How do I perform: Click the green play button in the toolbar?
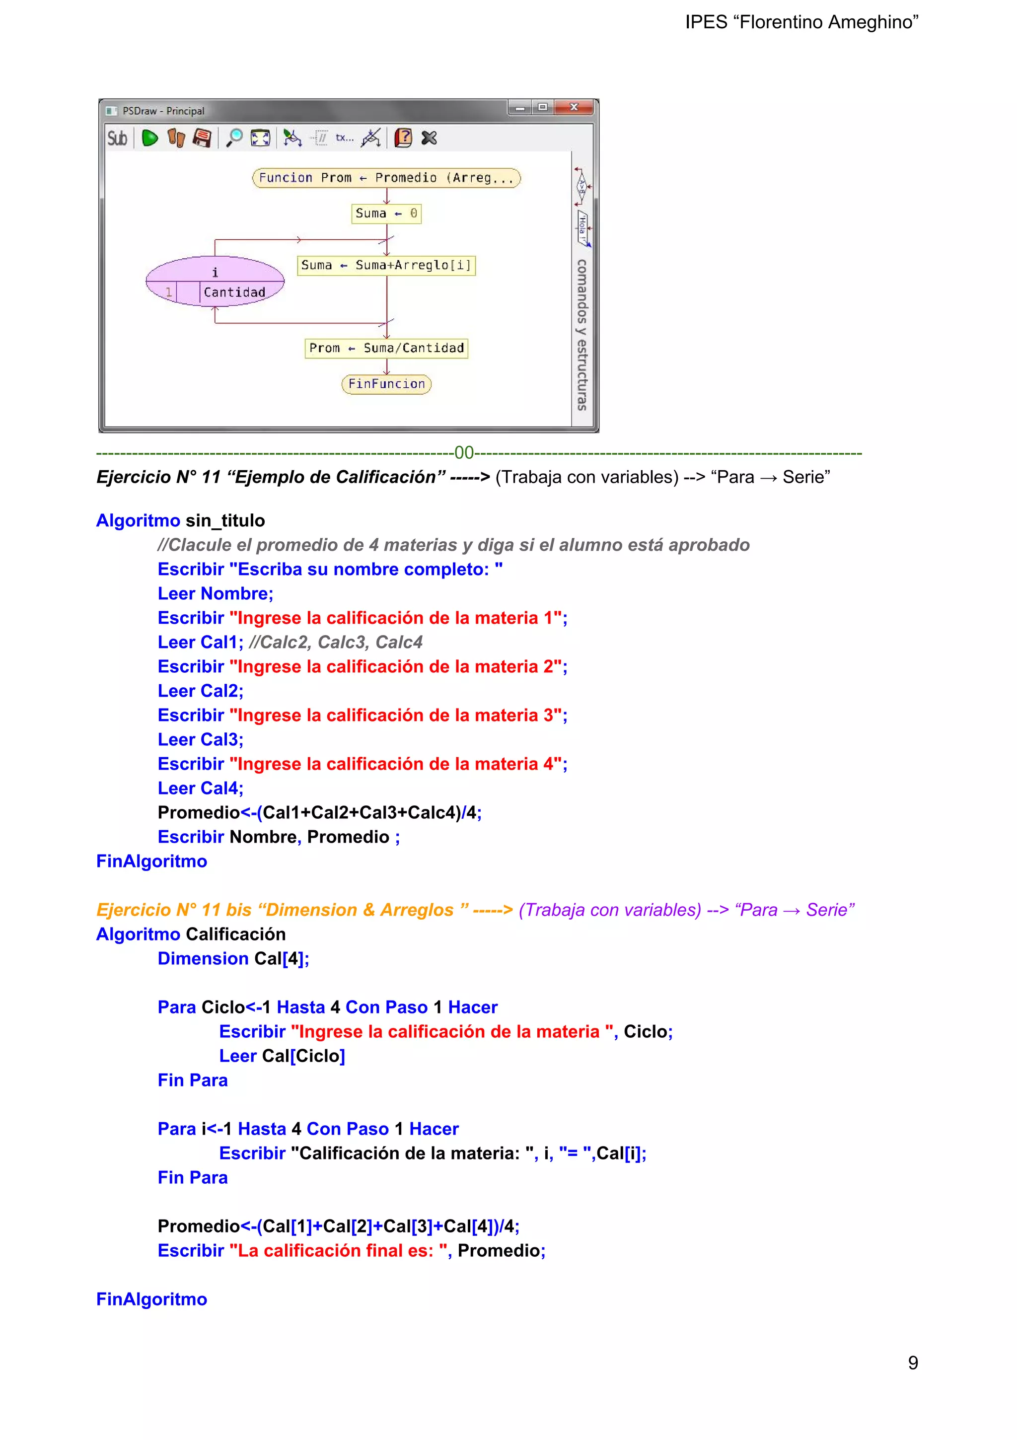click(149, 138)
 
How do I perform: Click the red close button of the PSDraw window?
click(574, 107)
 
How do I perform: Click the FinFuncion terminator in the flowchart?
click(386, 384)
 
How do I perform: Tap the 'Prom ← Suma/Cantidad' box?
click(386, 348)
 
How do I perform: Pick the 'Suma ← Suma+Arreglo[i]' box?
click(386, 265)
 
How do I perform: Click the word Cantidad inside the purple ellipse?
click(235, 292)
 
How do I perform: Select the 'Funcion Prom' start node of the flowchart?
click(386, 178)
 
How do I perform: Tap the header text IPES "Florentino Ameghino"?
click(801, 22)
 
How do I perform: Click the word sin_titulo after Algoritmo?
click(225, 520)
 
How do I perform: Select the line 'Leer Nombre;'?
click(215, 593)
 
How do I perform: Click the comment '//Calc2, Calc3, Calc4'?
click(336, 642)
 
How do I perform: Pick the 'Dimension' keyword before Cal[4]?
click(203, 958)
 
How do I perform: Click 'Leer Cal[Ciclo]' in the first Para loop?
click(282, 1056)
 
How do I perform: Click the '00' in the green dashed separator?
click(464, 452)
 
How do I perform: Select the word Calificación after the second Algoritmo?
click(235, 934)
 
